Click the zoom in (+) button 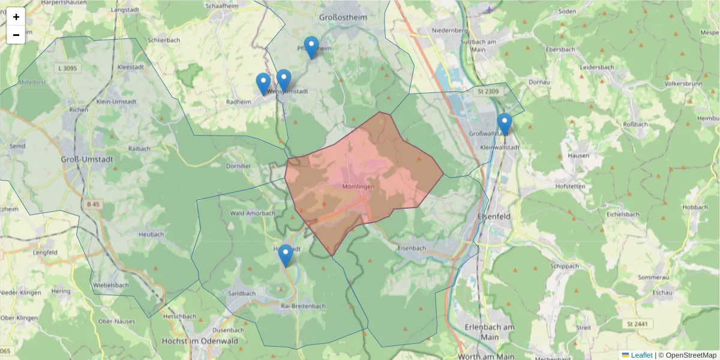point(16,17)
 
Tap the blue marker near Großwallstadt point(504,124)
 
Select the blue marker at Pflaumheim point(311,47)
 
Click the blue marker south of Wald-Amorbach point(286,255)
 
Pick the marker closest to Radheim point(263,83)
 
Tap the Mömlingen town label point(358,187)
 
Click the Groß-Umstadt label point(83,160)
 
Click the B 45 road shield point(93,205)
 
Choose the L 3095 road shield point(68,68)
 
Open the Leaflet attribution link point(641,355)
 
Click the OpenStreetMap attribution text point(688,355)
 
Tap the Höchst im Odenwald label point(200,341)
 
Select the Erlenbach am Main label point(490,332)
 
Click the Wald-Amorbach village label point(253,213)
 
